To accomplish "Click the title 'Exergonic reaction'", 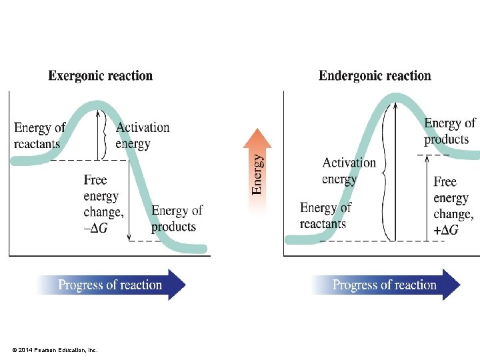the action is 100,76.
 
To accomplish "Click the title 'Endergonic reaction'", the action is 375,76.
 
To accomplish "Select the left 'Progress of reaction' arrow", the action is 111,285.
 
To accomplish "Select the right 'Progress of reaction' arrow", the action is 385,285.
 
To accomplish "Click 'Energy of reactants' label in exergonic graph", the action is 39,135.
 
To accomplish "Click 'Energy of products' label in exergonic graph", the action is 177,219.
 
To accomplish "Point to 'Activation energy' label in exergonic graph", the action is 143,135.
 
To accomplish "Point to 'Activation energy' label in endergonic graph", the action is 349,171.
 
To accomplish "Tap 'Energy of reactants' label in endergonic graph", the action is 325,215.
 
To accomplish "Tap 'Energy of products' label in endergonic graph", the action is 449,131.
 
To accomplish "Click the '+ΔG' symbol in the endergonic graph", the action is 446,230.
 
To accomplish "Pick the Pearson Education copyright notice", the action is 55,350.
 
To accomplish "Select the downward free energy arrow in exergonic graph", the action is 129,200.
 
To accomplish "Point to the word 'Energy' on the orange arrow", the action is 257,175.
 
